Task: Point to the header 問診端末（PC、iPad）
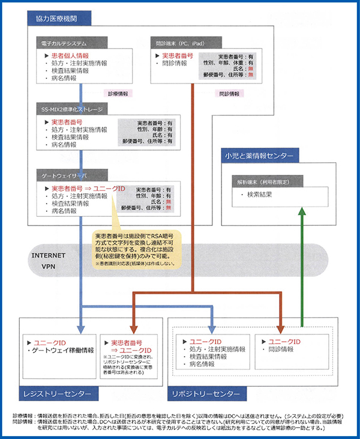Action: point(178,43)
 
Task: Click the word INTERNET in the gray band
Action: point(48,255)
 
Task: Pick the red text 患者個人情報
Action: point(66,55)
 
